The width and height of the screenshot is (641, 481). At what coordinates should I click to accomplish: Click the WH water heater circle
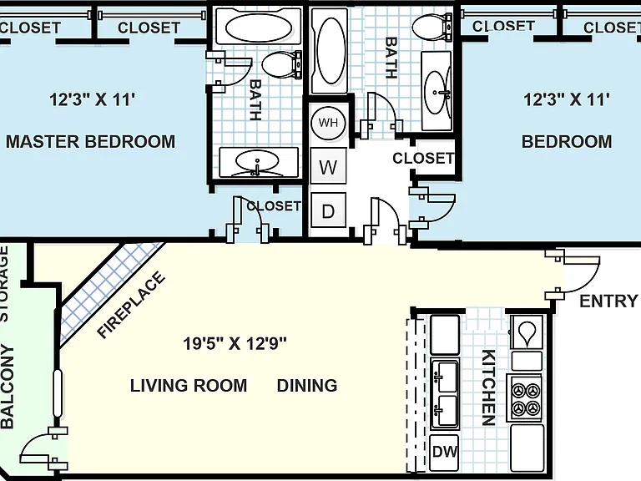pyautogui.click(x=328, y=123)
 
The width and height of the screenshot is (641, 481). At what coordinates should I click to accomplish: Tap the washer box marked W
pyautogui.click(x=328, y=166)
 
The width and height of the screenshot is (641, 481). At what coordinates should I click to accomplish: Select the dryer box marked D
pyautogui.click(x=328, y=210)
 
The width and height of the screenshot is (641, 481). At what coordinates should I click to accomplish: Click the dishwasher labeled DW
pyautogui.click(x=444, y=452)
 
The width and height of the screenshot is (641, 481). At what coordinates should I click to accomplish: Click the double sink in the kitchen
pyautogui.click(x=444, y=394)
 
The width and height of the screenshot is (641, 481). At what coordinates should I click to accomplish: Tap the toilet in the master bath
pyautogui.click(x=281, y=65)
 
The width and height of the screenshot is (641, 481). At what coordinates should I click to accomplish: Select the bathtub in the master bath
pyautogui.click(x=259, y=27)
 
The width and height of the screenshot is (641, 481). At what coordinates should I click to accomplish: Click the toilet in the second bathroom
pyautogui.click(x=432, y=28)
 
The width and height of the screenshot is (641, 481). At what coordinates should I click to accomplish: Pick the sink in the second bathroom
pyautogui.click(x=436, y=92)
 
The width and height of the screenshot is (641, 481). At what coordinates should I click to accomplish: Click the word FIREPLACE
pyautogui.click(x=131, y=305)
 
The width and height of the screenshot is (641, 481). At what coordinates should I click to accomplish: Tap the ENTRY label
pyautogui.click(x=608, y=301)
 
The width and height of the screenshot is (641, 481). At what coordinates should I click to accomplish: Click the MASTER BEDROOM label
pyautogui.click(x=90, y=141)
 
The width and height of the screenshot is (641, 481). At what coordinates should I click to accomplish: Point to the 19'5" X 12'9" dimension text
pyautogui.click(x=235, y=343)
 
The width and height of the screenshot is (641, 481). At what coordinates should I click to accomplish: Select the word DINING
pyautogui.click(x=307, y=386)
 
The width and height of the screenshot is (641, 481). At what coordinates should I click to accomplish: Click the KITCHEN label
pyautogui.click(x=488, y=387)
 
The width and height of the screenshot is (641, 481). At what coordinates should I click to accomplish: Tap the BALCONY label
pyautogui.click(x=8, y=387)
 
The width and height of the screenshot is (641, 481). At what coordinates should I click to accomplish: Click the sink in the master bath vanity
pyautogui.click(x=257, y=161)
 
